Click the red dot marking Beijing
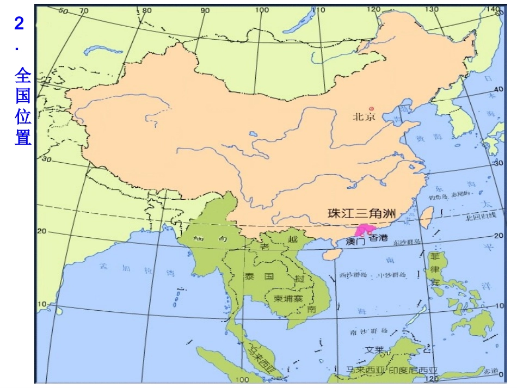pos(372,108)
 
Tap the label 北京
pos(364,117)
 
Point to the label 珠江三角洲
pos(361,213)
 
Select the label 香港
pos(378,238)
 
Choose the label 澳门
pos(355,242)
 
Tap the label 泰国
pos(261,276)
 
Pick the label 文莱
pos(376,349)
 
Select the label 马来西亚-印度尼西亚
pos(392,371)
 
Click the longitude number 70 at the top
pos(84,10)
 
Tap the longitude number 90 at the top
pos(205,10)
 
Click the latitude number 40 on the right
pos(498,89)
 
